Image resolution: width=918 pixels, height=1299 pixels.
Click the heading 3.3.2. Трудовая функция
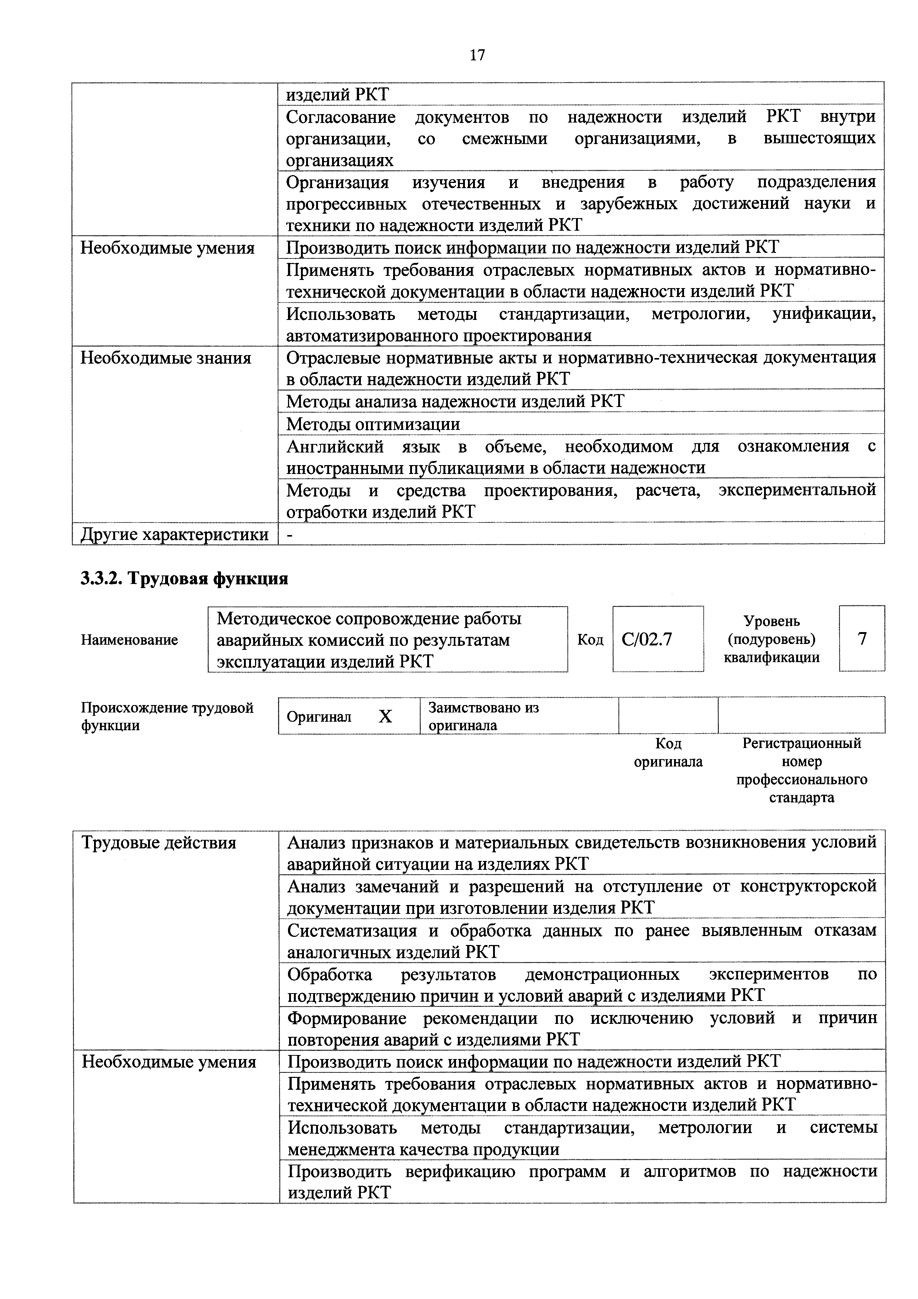[184, 578]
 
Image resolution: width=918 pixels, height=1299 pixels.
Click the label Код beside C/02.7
[590, 640]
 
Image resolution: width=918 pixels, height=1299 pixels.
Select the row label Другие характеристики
[174, 534]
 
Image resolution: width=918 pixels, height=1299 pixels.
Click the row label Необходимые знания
[166, 358]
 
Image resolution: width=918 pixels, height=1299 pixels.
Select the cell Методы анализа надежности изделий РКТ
[455, 401]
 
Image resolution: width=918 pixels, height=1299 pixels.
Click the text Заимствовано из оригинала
[483, 716]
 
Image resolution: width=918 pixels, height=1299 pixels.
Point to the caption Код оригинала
[668, 752]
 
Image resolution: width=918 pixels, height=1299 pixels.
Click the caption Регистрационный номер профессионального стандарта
[801, 770]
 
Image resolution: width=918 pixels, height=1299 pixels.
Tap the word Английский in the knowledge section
[335, 446]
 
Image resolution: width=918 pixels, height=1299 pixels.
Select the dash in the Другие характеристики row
[290, 534]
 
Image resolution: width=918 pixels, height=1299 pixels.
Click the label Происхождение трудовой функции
[167, 716]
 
